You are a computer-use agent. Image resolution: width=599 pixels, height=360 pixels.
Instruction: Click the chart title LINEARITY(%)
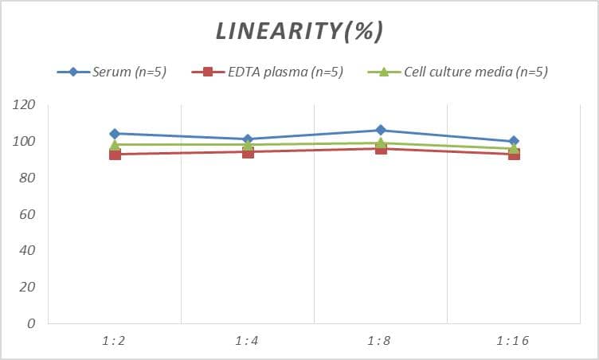[299, 30]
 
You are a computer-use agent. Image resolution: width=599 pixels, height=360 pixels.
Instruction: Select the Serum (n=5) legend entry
[128, 72]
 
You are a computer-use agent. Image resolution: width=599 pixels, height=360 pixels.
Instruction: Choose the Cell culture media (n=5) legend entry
[476, 72]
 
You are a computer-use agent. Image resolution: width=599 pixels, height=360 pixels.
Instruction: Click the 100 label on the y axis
[25, 142]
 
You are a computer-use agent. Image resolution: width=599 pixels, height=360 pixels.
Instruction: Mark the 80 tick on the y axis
[28, 178]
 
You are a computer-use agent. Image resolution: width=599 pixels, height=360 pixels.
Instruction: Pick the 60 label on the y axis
[28, 215]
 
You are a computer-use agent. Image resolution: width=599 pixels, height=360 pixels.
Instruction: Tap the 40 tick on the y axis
[28, 251]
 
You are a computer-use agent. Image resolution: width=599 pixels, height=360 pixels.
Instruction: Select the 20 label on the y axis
[28, 288]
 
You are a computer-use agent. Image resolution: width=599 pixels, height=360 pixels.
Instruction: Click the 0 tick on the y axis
[31, 324]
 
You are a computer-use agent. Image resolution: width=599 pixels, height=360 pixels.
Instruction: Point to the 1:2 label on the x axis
[114, 341]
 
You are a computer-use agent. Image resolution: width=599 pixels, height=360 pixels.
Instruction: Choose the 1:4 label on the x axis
[247, 341]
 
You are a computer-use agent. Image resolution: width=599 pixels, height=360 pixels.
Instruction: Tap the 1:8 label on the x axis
[380, 341]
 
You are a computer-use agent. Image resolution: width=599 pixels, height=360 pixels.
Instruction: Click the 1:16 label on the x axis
[513, 341]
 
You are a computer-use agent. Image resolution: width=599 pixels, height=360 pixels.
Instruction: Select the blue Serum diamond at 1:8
[381, 130]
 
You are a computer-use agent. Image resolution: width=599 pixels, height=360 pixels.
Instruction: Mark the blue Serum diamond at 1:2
[115, 134]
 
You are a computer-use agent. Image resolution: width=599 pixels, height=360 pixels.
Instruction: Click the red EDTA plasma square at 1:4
[248, 152]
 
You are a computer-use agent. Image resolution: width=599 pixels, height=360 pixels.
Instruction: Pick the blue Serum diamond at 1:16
[514, 141]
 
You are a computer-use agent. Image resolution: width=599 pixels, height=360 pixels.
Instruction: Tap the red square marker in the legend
[208, 72]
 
